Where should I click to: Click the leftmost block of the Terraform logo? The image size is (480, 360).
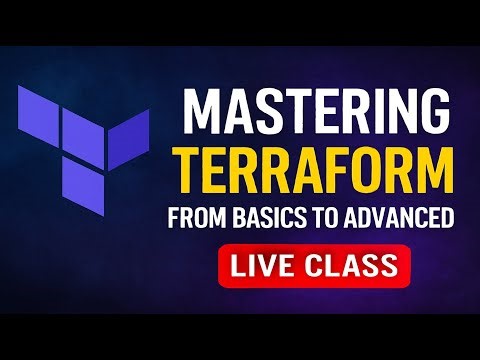coord(39,110)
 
